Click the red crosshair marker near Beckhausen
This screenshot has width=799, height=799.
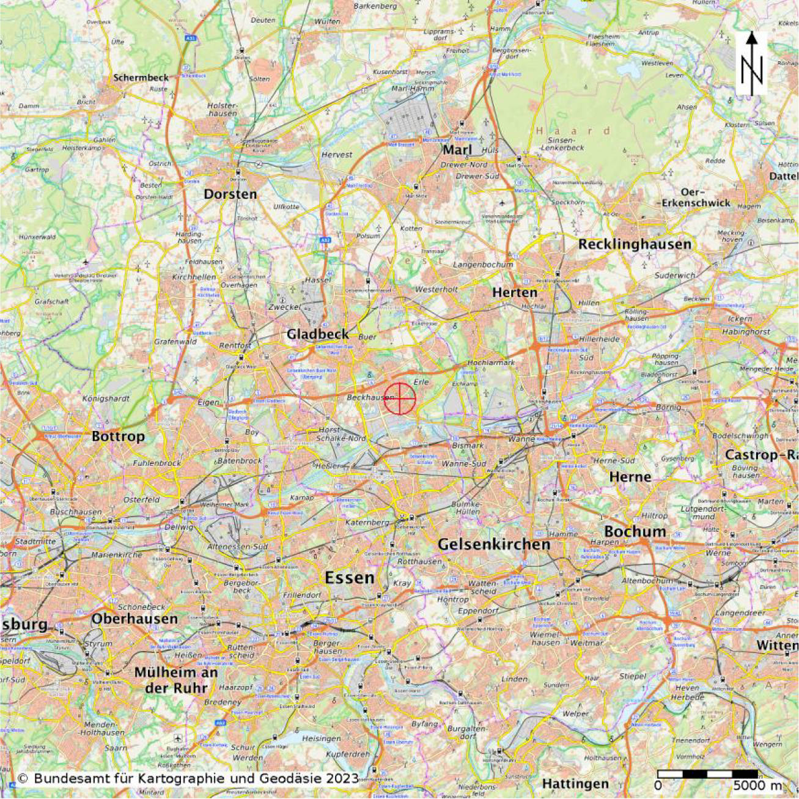coord(400,399)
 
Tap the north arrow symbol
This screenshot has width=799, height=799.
coord(751,63)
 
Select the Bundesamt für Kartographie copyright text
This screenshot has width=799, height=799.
coord(188,779)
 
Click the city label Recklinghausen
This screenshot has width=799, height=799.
coord(635,244)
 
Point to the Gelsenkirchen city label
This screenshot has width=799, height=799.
coord(494,544)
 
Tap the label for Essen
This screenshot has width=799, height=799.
coord(349,578)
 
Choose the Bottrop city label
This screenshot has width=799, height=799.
coord(118,436)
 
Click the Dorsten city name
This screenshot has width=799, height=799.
coord(230,194)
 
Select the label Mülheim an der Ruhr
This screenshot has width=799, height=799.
coord(176,680)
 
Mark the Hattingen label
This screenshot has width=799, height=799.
coord(575,784)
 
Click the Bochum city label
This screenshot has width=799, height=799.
coord(635,531)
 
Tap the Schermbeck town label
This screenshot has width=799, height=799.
coord(141,78)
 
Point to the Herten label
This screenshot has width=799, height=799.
coord(515,293)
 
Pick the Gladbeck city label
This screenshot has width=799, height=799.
coord(318,334)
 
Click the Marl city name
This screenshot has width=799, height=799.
coord(457,150)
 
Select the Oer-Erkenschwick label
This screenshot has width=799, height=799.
coord(696,197)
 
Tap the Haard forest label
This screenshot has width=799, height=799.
coord(573,131)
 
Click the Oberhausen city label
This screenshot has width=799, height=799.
coord(134,619)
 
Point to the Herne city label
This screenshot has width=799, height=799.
coord(630,477)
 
